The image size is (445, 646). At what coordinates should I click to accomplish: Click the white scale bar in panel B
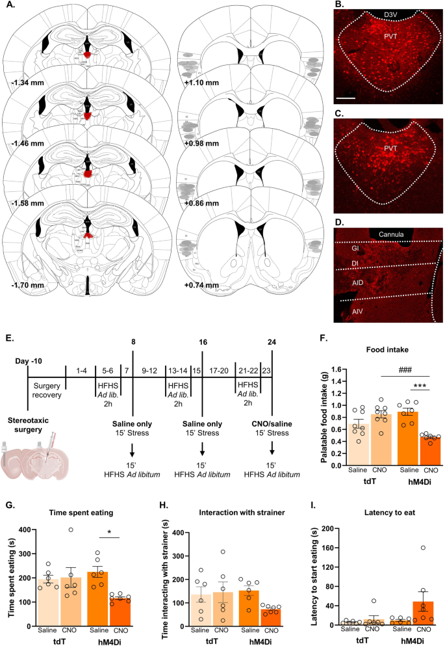click(346, 100)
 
